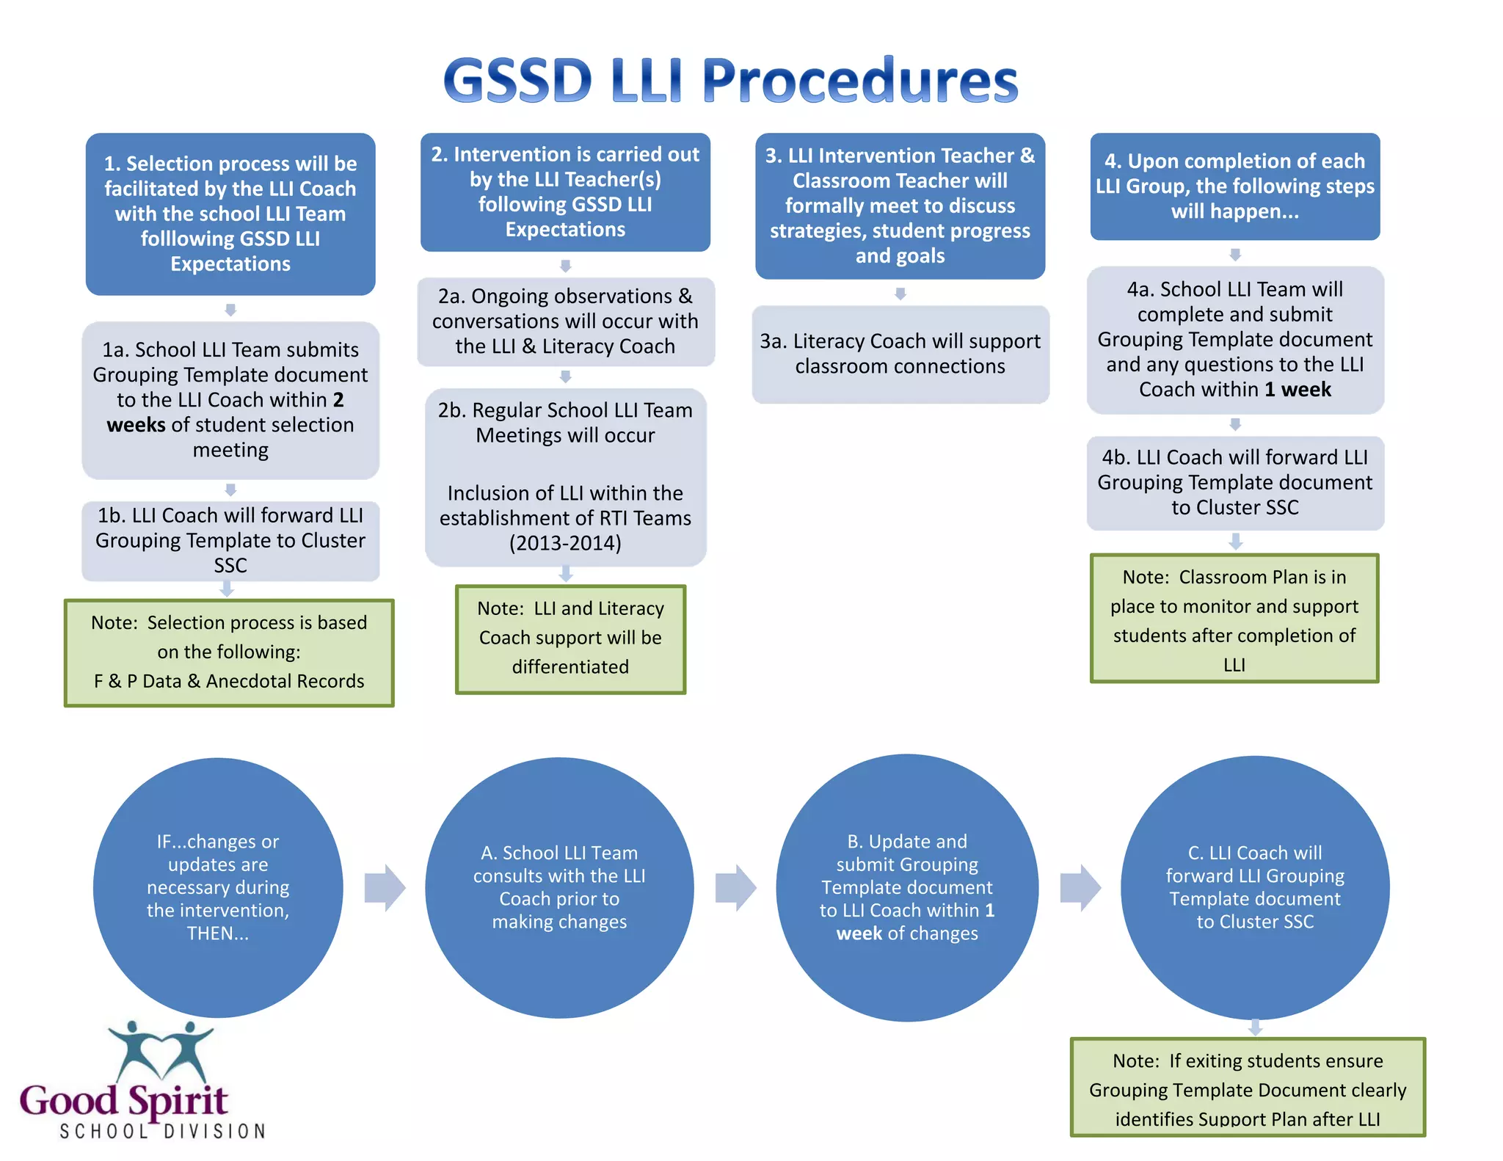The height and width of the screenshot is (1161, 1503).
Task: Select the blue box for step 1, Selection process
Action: pyautogui.click(x=230, y=214)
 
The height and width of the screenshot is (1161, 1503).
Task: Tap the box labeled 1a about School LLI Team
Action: pyautogui.click(x=230, y=400)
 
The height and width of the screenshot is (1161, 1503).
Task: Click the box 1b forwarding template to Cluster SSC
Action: pyautogui.click(x=230, y=541)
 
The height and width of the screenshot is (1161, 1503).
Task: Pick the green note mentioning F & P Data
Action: pyautogui.click(x=229, y=652)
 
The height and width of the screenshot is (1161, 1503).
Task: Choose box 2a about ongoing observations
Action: pyautogui.click(x=565, y=321)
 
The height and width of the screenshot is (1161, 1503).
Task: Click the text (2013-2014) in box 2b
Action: pyautogui.click(x=565, y=544)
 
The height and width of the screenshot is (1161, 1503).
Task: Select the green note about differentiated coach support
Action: pyautogui.click(x=570, y=638)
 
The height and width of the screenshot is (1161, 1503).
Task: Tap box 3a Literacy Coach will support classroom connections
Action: pyautogui.click(x=900, y=354)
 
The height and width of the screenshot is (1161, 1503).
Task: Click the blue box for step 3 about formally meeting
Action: pyautogui.click(x=900, y=205)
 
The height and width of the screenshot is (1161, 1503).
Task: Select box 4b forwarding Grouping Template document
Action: pyautogui.click(x=1235, y=483)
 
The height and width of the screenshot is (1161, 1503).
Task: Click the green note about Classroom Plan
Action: pyautogui.click(x=1234, y=619)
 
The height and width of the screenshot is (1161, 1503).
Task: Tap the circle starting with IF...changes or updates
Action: pyautogui.click(x=218, y=887)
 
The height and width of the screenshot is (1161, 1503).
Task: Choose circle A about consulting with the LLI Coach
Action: pyautogui.click(x=559, y=887)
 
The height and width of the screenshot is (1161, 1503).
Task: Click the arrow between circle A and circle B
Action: pyautogui.click(x=735, y=888)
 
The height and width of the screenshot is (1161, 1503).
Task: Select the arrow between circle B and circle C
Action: pyautogui.click(x=1080, y=888)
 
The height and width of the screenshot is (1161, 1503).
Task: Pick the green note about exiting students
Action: pyautogui.click(x=1248, y=1088)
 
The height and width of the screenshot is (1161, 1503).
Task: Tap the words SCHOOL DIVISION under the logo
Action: pyautogui.click(x=162, y=1132)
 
